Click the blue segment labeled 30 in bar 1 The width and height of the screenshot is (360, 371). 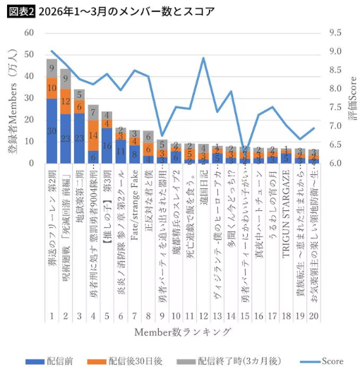[52, 131]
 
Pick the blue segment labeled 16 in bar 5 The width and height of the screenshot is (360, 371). [107, 146]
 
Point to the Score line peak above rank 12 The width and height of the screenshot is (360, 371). [203, 58]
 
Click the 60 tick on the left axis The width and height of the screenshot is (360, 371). [29, 33]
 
